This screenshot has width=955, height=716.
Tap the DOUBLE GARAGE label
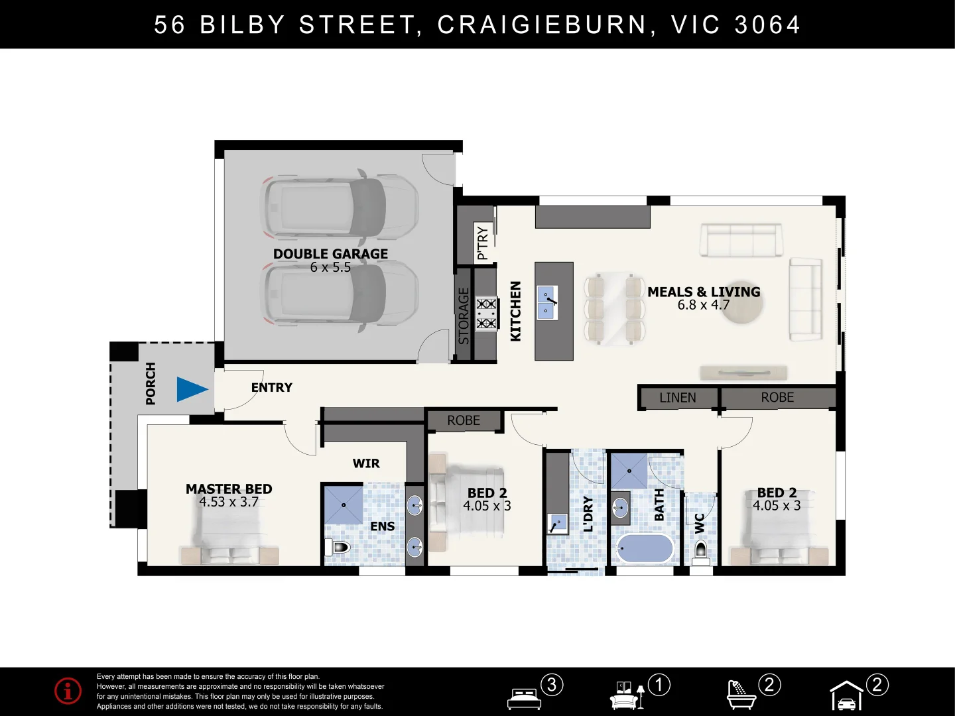pyautogui.click(x=330, y=254)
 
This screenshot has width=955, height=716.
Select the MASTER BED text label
pyautogui.click(x=229, y=489)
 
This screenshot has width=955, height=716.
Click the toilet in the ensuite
pyautogui.click(x=338, y=548)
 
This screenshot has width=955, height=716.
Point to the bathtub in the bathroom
pyautogui.click(x=644, y=549)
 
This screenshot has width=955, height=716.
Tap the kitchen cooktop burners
pyautogui.click(x=486, y=314)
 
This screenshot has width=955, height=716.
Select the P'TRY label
pyautogui.click(x=482, y=243)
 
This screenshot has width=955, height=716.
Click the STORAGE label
pyautogui.click(x=464, y=316)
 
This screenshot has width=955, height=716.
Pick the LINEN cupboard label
pyautogui.click(x=677, y=398)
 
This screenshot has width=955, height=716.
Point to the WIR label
pyautogui.click(x=366, y=463)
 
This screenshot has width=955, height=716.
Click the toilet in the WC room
pyautogui.click(x=700, y=551)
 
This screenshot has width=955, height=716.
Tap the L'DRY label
pyautogui.click(x=588, y=514)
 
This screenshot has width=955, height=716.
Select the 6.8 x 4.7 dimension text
pyautogui.click(x=703, y=305)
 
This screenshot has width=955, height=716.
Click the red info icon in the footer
pyautogui.click(x=68, y=691)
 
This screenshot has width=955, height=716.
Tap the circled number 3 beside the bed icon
pyautogui.click(x=552, y=684)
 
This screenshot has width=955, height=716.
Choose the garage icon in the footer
pyautogui.click(x=846, y=696)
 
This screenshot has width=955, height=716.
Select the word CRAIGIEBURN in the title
pyautogui.click(x=542, y=25)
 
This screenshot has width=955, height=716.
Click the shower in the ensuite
pyautogui.click(x=344, y=505)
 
